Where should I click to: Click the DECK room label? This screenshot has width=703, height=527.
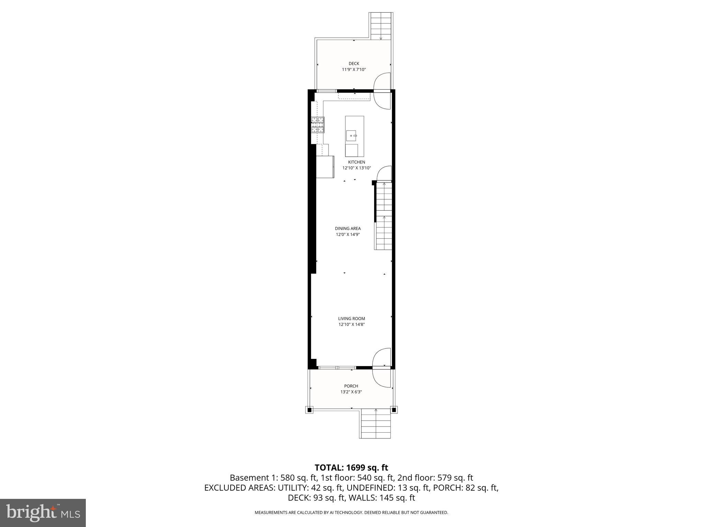(354, 63)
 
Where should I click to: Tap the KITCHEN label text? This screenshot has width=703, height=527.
(357, 162)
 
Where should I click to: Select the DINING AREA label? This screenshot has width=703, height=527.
(348, 229)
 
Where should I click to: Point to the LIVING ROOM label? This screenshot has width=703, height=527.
(351, 319)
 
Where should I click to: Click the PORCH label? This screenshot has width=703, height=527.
(351, 386)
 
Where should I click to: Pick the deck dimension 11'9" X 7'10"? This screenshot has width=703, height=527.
(354, 70)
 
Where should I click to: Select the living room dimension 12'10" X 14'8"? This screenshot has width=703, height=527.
(351, 325)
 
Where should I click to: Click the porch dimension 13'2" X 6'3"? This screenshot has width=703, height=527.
(351, 392)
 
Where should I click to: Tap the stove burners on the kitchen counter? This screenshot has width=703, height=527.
(318, 125)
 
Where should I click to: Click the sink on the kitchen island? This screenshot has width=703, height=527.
(352, 136)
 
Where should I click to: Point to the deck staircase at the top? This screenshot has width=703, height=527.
(381, 26)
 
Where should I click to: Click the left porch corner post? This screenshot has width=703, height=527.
(309, 410)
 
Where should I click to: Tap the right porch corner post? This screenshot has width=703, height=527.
(394, 410)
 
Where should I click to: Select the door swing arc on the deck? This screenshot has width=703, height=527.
(382, 82)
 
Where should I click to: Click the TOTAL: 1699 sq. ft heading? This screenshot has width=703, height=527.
(351, 468)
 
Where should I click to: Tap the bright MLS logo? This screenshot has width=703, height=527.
(43, 513)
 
